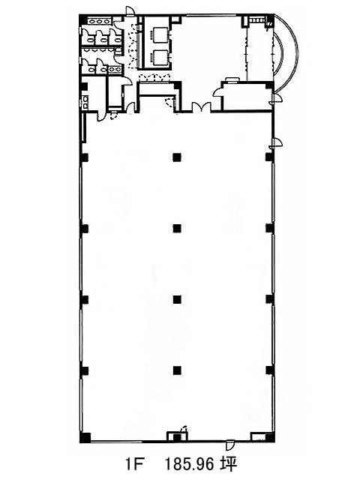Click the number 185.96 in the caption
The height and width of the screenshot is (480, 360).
pyautogui.click(x=189, y=463)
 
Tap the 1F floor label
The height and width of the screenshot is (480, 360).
pyautogui.click(x=133, y=464)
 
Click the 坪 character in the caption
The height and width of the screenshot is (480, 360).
pyautogui.click(x=228, y=463)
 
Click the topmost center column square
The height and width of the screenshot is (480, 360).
pyautogui.click(x=177, y=157)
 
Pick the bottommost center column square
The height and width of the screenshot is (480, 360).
pyautogui.click(x=177, y=370)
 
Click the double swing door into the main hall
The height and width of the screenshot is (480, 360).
pyautogui.click(x=202, y=107)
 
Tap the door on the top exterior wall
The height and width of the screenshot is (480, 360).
pyautogui.click(x=130, y=10)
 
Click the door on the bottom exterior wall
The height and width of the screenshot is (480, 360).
pyautogui.click(x=229, y=445)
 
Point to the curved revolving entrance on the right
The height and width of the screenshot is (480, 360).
pyautogui.click(x=286, y=53)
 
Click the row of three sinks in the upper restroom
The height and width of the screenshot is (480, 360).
pyautogui.click(x=99, y=21)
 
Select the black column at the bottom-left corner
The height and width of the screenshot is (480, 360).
pyautogui.click(x=85, y=437)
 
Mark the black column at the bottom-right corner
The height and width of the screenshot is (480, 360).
pyautogui.click(x=269, y=437)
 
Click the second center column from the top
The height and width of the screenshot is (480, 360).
pyautogui.click(x=177, y=228)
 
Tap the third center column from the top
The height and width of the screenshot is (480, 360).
pyautogui.click(x=177, y=299)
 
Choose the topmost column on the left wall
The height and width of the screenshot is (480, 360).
pyautogui.click(x=84, y=157)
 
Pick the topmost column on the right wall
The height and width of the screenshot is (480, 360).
pyautogui.click(x=269, y=157)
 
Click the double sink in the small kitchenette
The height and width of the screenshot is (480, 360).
pyautogui.click(x=85, y=102)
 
